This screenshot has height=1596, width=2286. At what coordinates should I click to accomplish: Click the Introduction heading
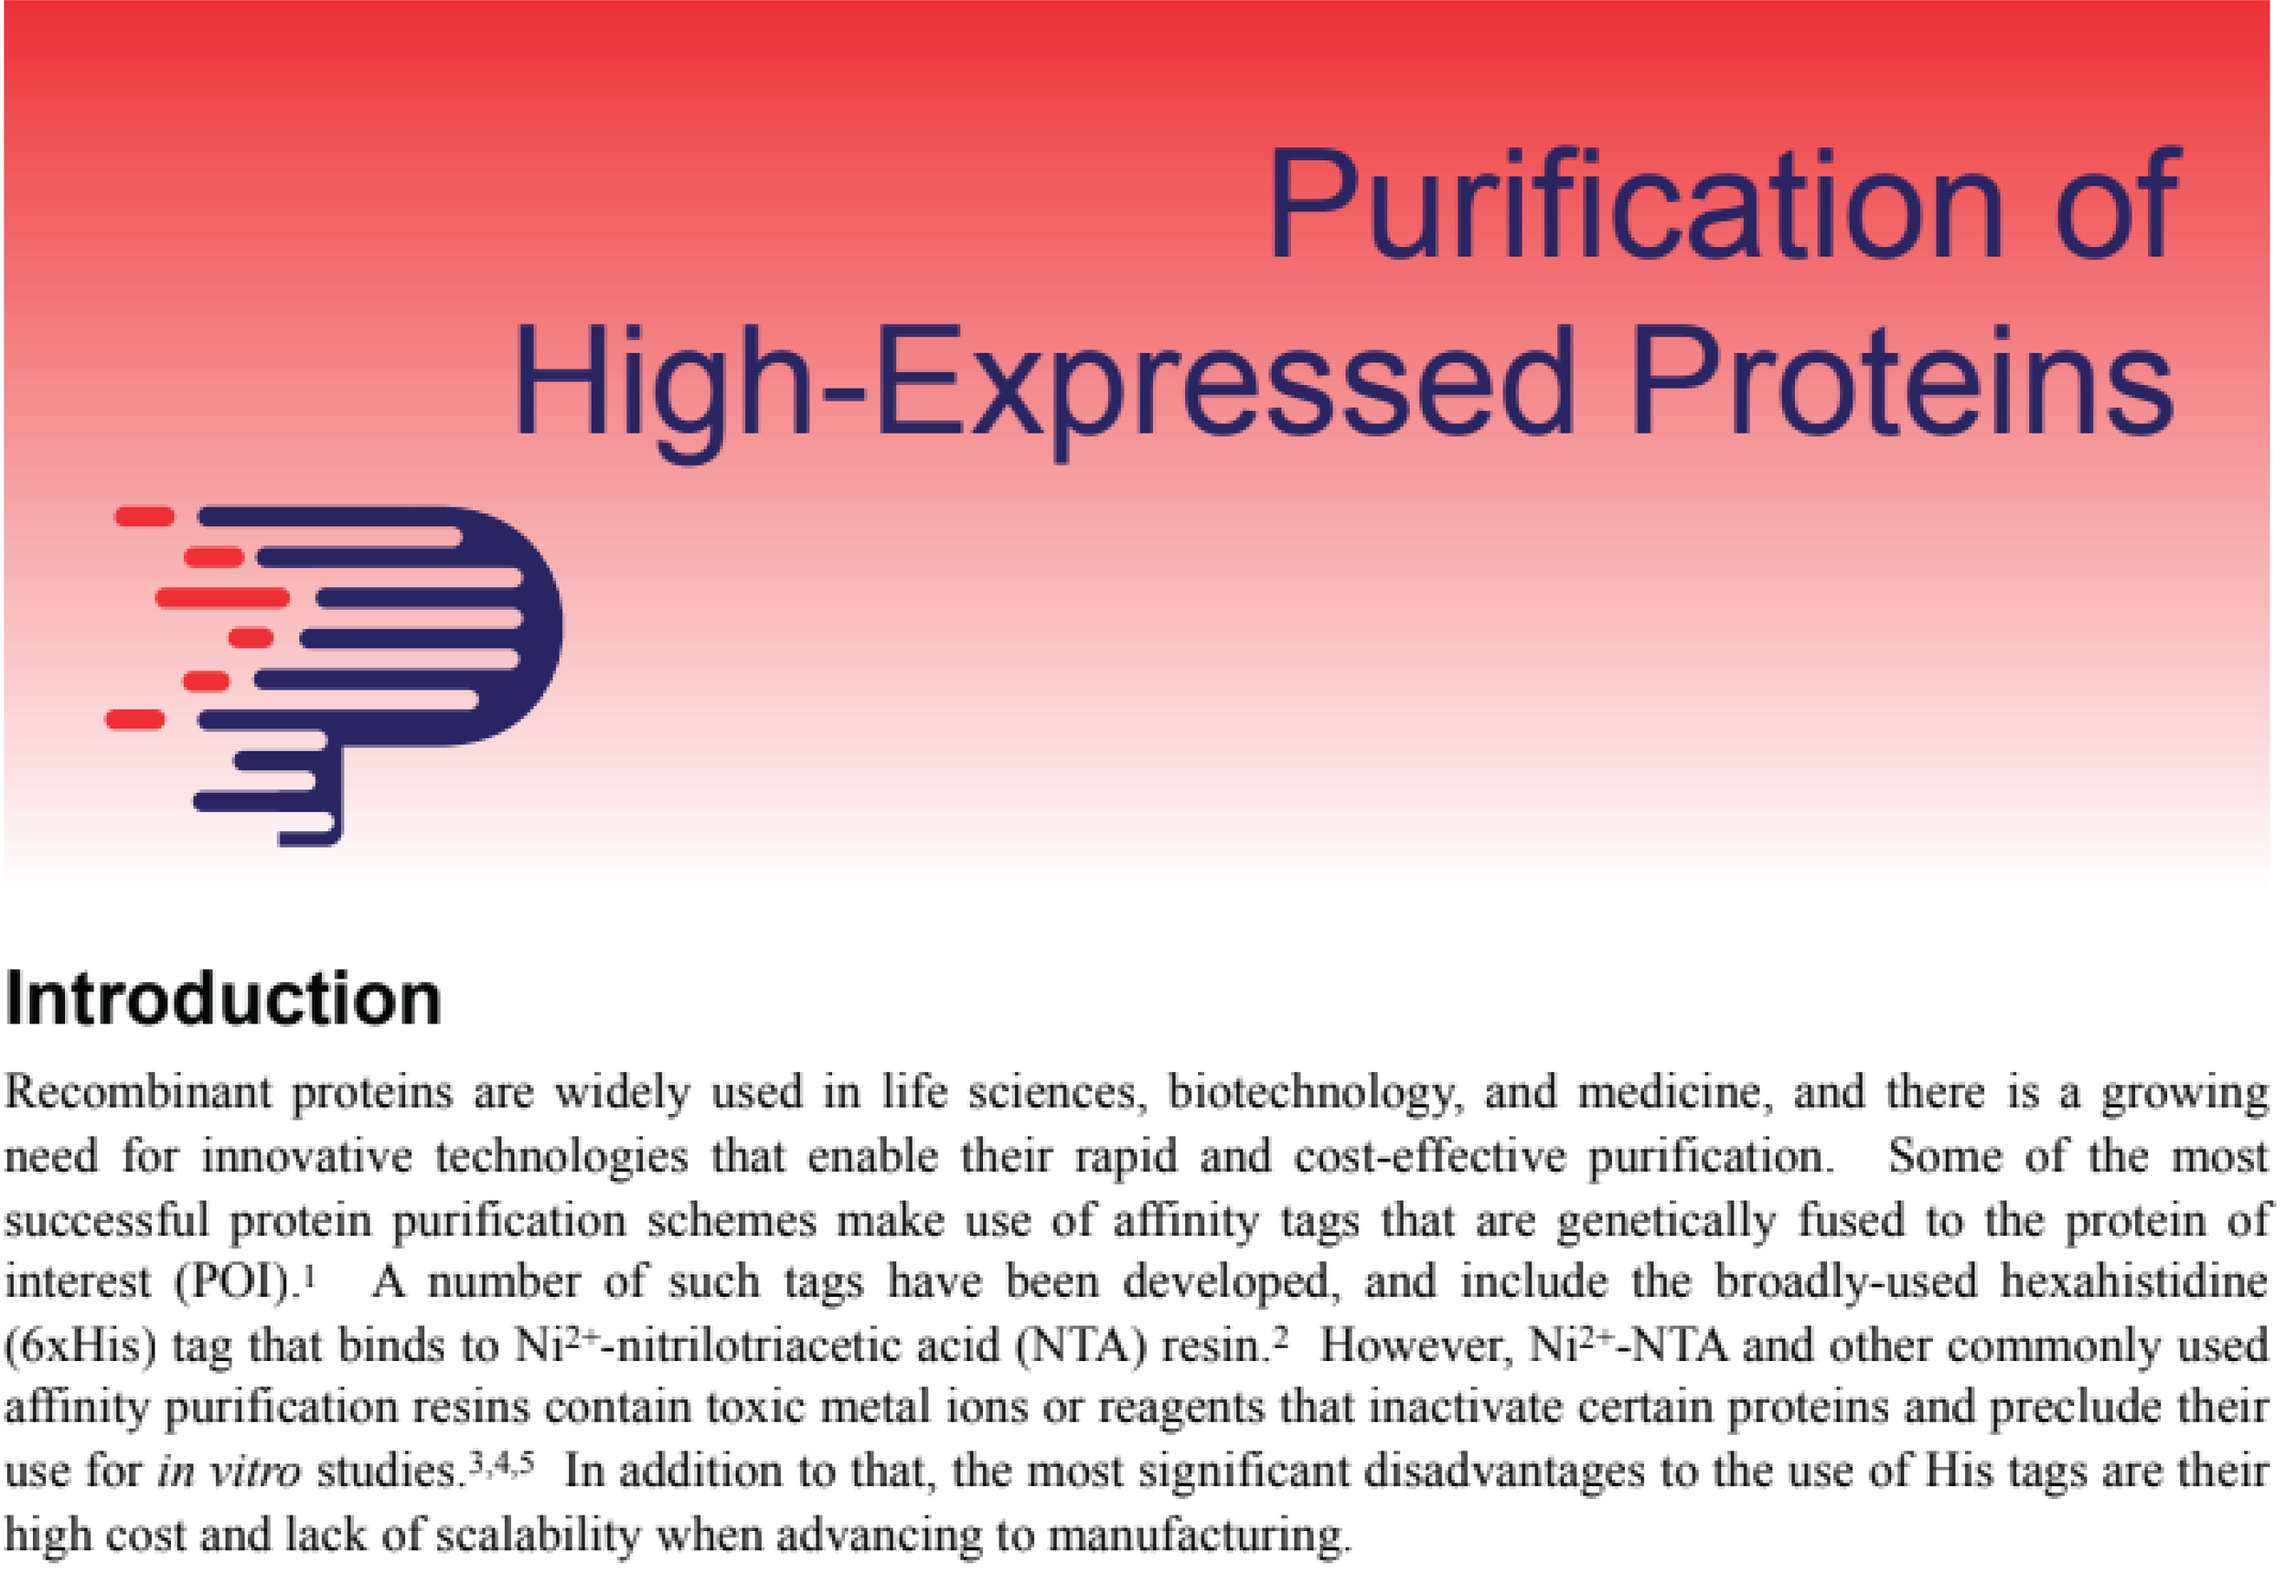pyautogui.click(x=223, y=999)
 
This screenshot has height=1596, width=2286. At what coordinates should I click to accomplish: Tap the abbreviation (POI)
pyautogui.click(x=235, y=1282)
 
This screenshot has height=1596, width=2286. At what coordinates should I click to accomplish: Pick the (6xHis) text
pyautogui.click(x=80, y=1346)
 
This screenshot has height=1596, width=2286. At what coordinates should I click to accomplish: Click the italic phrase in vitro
pyautogui.click(x=228, y=1472)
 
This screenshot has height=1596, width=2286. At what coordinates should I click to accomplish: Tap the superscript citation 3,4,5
pyautogui.click(x=502, y=1462)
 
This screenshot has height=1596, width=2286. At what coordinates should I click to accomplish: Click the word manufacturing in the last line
pyautogui.click(x=1199, y=1536)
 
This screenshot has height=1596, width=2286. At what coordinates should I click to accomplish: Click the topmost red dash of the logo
pyautogui.click(x=144, y=516)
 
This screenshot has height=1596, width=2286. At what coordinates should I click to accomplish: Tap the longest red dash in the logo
pyautogui.click(x=222, y=598)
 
